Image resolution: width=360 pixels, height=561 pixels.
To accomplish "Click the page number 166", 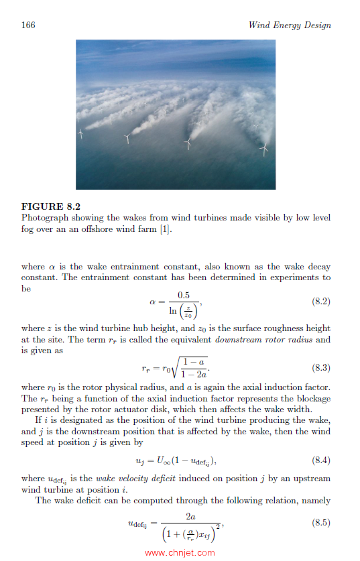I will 28,25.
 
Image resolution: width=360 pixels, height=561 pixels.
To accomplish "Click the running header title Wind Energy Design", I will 290,25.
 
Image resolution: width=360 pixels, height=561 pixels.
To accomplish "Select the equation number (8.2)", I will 321,303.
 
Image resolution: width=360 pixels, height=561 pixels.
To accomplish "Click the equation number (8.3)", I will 321,368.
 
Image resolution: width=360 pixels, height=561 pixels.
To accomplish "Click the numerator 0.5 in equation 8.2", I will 183,295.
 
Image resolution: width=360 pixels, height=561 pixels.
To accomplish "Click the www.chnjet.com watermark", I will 180,552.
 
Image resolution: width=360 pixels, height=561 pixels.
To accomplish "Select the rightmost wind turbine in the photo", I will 264,149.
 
